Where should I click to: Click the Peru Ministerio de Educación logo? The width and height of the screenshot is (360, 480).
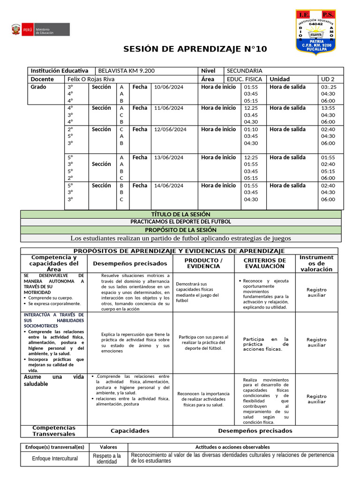click(40, 31)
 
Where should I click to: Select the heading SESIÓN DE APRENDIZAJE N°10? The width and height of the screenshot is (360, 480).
click(195, 49)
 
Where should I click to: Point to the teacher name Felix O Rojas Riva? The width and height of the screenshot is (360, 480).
click(91, 79)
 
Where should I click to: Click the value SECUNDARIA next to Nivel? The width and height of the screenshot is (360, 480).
click(244, 71)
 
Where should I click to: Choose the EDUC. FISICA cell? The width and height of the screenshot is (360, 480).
click(244, 79)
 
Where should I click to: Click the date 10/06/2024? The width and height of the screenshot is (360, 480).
click(169, 87)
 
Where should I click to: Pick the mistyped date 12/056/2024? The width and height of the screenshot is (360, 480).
click(170, 129)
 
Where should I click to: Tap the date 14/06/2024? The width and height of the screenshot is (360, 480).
click(169, 186)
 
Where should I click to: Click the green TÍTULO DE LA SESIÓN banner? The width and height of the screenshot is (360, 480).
click(181, 214)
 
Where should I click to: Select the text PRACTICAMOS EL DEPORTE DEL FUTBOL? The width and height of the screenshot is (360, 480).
click(181, 221)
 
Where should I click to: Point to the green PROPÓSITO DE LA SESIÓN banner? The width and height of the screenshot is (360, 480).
click(181, 230)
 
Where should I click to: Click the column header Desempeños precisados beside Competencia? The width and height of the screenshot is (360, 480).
click(130, 263)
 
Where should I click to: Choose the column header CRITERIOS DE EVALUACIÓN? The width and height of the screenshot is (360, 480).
click(265, 263)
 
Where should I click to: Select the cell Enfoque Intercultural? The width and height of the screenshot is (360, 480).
click(55, 458)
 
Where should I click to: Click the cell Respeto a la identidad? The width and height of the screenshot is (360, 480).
click(106, 458)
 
